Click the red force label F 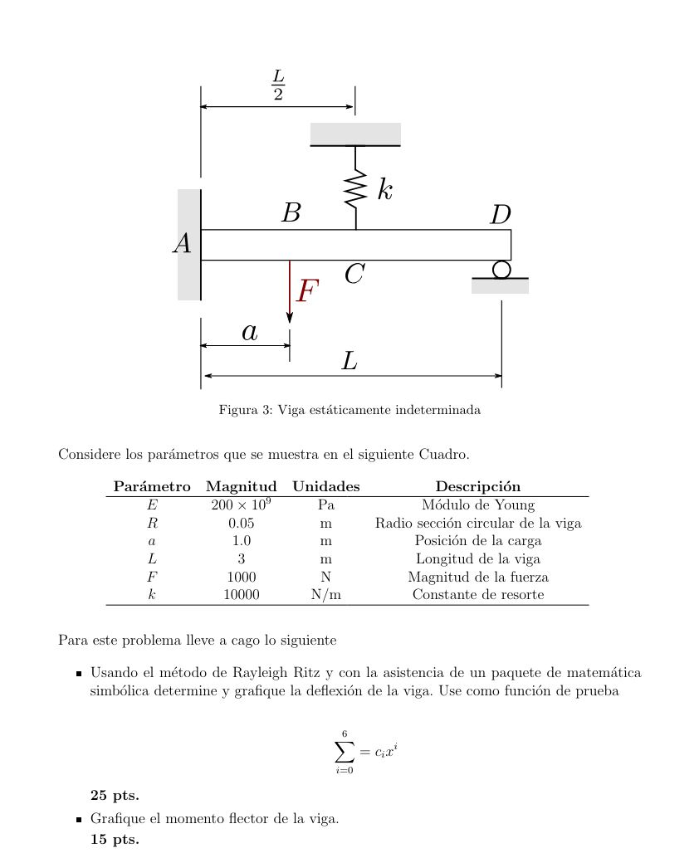point(308,291)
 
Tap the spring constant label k point(384,189)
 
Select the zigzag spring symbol point(355,189)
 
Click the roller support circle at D point(501,270)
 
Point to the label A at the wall point(183,244)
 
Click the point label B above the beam point(291,214)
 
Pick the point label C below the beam point(354,274)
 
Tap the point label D point(500,216)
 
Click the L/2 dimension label point(278,85)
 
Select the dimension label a point(249,332)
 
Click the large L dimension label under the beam point(349,362)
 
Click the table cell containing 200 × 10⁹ point(241,504)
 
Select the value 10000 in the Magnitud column point(241,595)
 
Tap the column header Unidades point(325,487)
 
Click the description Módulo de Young point(477,504)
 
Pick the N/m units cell point(325,595)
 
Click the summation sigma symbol point(344,753)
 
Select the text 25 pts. point(115,795)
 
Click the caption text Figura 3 point(245,410)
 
